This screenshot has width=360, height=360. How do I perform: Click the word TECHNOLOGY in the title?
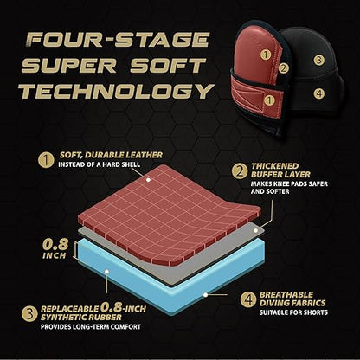pos(117,91)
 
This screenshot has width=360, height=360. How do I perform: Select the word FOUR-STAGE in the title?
pos(119,40)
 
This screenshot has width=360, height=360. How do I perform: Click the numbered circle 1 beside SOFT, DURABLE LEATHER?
pos(46,160)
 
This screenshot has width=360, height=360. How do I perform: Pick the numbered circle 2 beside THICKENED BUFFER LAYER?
pos(240,171)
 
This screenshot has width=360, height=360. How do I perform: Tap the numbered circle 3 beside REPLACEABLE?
pos(29,313)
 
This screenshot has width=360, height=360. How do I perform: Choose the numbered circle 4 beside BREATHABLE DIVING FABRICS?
pos(248,299)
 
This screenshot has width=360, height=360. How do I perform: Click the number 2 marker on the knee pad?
pos(284,68)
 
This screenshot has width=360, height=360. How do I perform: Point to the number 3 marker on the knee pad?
pos(318,60)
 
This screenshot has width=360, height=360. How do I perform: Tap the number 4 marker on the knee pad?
pos(318,93)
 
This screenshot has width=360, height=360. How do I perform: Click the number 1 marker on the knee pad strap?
pos(269,100)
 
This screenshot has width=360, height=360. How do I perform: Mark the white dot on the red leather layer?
pos(148,180)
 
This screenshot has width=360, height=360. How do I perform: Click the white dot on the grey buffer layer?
pos(255,230)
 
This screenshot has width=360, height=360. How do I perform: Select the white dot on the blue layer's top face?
pos(106,272)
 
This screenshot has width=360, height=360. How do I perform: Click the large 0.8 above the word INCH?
pos(55,245)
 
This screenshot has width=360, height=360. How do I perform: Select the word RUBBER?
pos(105,318)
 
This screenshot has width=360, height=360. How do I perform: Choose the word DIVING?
pos(273,303)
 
